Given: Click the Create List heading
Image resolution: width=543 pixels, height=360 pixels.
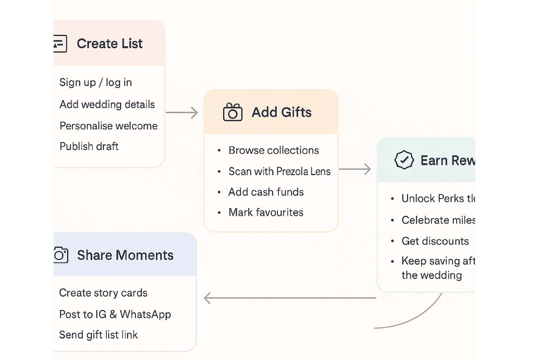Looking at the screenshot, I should coord(109,44).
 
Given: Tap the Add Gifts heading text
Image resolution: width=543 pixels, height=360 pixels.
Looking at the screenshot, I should coord(281,113).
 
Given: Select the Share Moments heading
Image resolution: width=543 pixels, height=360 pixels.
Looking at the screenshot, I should coord(125,255).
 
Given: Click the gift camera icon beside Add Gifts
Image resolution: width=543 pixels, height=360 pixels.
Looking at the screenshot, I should coord(233,112).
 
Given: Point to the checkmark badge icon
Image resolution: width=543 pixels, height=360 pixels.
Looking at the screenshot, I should coord(404,160).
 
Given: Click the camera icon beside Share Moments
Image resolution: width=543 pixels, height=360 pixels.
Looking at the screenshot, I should coord(61,255).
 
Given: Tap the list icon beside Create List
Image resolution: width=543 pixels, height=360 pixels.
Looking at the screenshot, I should coord(60,44).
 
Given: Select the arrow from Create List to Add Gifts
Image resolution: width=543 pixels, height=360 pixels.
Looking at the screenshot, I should coord(182,113).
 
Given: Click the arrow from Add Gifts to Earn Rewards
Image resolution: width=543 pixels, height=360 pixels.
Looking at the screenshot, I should coord(355,169).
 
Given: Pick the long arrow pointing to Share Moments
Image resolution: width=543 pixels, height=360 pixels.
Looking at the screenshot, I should coord(290,298).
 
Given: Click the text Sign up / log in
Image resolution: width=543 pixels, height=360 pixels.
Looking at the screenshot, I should coord(95,83).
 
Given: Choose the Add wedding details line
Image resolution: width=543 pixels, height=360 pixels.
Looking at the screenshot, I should coord(107,105).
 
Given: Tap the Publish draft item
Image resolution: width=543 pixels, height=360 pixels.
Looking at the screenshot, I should coord(89,146).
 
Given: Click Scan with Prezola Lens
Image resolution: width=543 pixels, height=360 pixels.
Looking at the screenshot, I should coord(279,172).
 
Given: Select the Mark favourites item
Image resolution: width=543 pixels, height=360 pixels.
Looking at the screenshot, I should coord(266,212).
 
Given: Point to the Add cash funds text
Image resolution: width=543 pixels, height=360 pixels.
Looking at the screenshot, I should coord(266,192).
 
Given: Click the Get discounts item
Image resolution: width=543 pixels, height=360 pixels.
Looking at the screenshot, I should coord(435,241).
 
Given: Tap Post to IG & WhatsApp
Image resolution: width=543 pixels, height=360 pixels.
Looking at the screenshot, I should coord(115,315).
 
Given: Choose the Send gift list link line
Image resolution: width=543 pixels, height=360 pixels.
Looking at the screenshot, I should coord(98,335).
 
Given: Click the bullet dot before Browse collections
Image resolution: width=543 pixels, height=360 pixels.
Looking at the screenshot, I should coord(219,150).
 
